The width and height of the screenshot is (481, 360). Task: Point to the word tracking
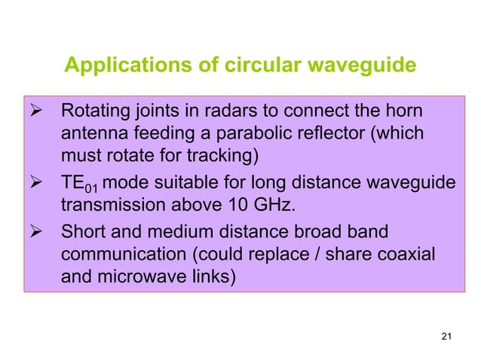(224, 157)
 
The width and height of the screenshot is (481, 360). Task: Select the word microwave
(149, 276)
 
